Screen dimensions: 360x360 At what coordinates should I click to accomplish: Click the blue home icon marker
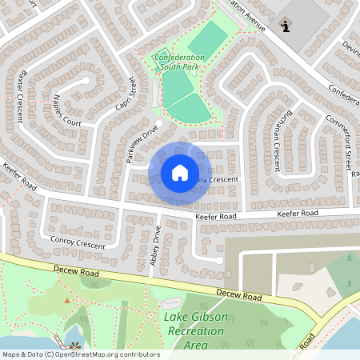tap(180, 172)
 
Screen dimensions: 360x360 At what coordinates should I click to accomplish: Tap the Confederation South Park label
tap(179, 62)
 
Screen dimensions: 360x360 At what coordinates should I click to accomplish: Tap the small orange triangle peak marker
tap(67, 301)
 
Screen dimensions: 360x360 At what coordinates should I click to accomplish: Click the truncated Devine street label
tap(350, 48)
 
